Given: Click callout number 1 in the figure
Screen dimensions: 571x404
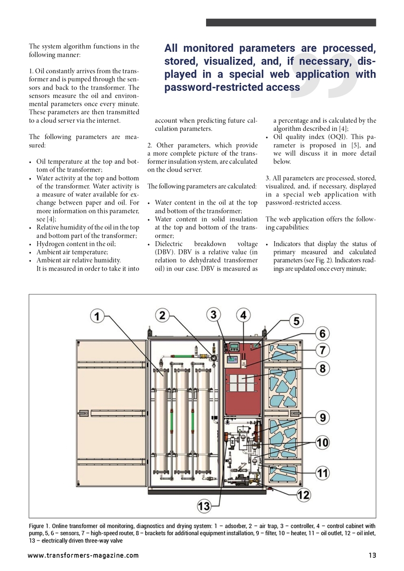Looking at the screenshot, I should [97, 316].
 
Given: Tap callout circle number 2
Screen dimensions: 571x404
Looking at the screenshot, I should [163, 315].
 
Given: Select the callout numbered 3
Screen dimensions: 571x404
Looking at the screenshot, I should [214, 315].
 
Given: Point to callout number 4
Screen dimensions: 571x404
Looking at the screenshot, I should [243, 315].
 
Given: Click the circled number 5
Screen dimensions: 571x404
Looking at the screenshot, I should [296, 321].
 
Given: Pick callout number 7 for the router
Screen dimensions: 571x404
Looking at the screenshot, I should [323, 350].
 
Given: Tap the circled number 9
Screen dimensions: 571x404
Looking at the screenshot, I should [323, 418].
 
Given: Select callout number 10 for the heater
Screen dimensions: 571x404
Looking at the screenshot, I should [323, 443].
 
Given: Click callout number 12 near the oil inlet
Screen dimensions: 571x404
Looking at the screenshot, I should [304, 495].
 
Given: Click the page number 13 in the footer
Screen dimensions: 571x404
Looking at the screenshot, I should [372, 555].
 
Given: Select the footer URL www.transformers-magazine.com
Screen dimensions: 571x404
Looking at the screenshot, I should [83, 555].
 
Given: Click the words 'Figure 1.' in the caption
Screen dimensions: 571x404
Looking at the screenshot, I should [39, 526].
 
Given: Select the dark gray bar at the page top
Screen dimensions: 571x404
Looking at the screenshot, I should [291, 22].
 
